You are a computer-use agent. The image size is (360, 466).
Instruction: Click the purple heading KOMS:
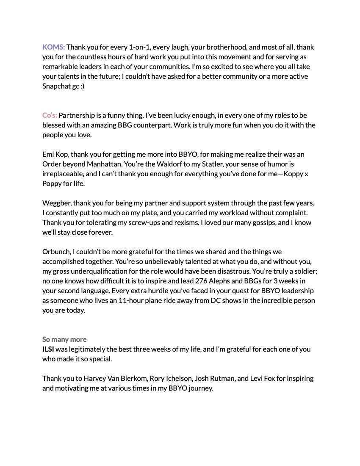(x=53, y=47)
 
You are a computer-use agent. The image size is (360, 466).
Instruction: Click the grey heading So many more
(x=64, y=339)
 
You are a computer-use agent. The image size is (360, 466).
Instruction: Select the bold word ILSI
(x=48, y=349)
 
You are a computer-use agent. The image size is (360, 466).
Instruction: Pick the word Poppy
(x=52, y=183)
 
